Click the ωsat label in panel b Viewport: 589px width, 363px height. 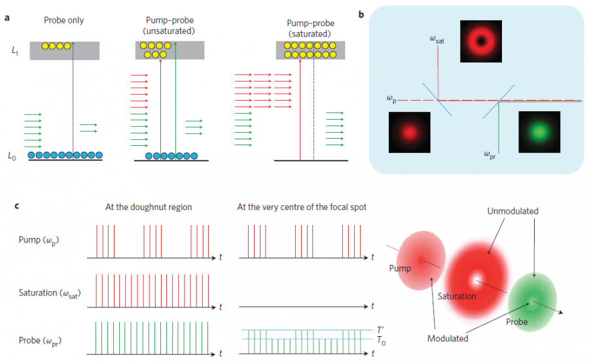point(438,41)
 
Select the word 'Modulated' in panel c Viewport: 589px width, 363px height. point(448,339)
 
